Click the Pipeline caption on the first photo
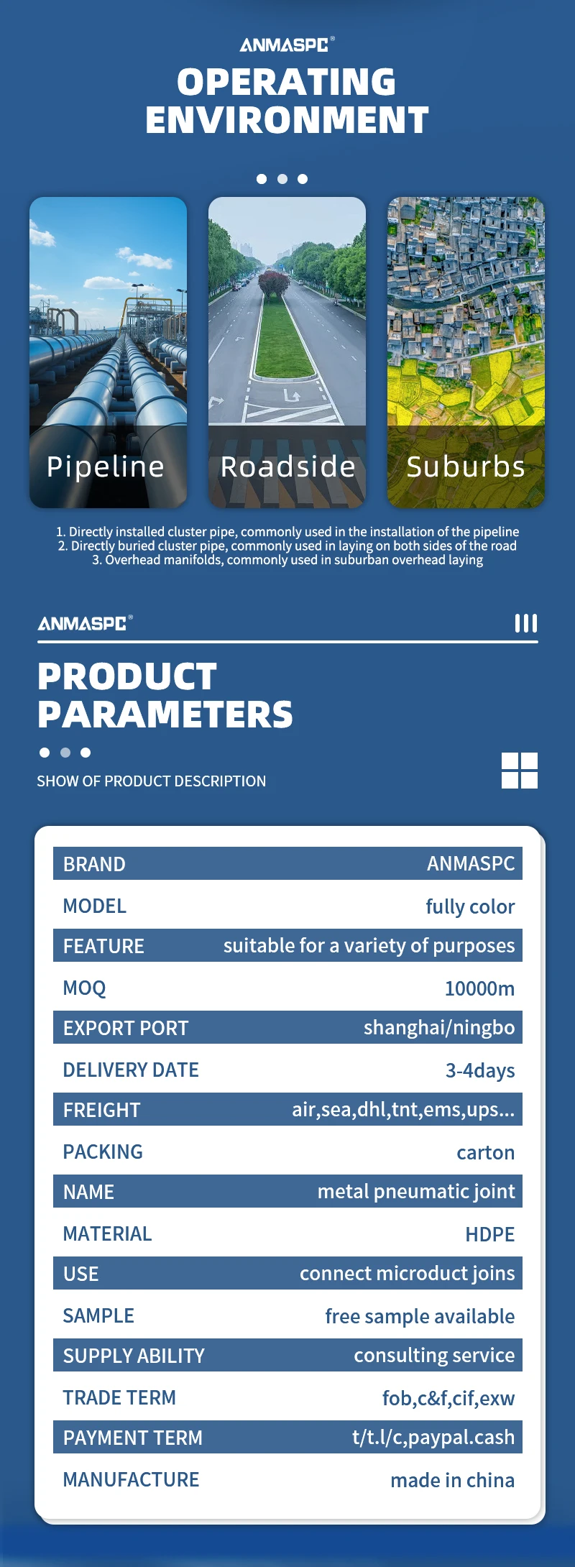click(x=106, y=467)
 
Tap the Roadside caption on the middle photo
click(x=287, y=467)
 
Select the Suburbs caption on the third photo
click(x=466, y=467)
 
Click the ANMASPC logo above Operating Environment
click(x=287, y=45)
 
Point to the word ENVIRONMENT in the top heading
click(x=287, y=120)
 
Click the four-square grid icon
click(x=520, y=771)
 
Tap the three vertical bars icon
click(x=526, y=623)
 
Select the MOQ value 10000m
click(x=479, y=988)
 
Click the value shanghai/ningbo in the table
click(x=439, y=1028)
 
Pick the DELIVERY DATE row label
click(x=131, y=1070)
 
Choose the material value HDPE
click(x=490, y=1234)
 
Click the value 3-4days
click(x=480, y=1070)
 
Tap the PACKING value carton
click(x=486, y=1152)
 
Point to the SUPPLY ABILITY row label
click(x=134, y=1356)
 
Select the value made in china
click(x=453, y=1480)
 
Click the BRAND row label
click(x=94, y=864)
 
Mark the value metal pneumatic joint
click(x=416, y=1192)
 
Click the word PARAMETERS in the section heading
click(x=165, y=714)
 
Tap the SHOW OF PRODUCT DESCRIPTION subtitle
click(x=152, y=781)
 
